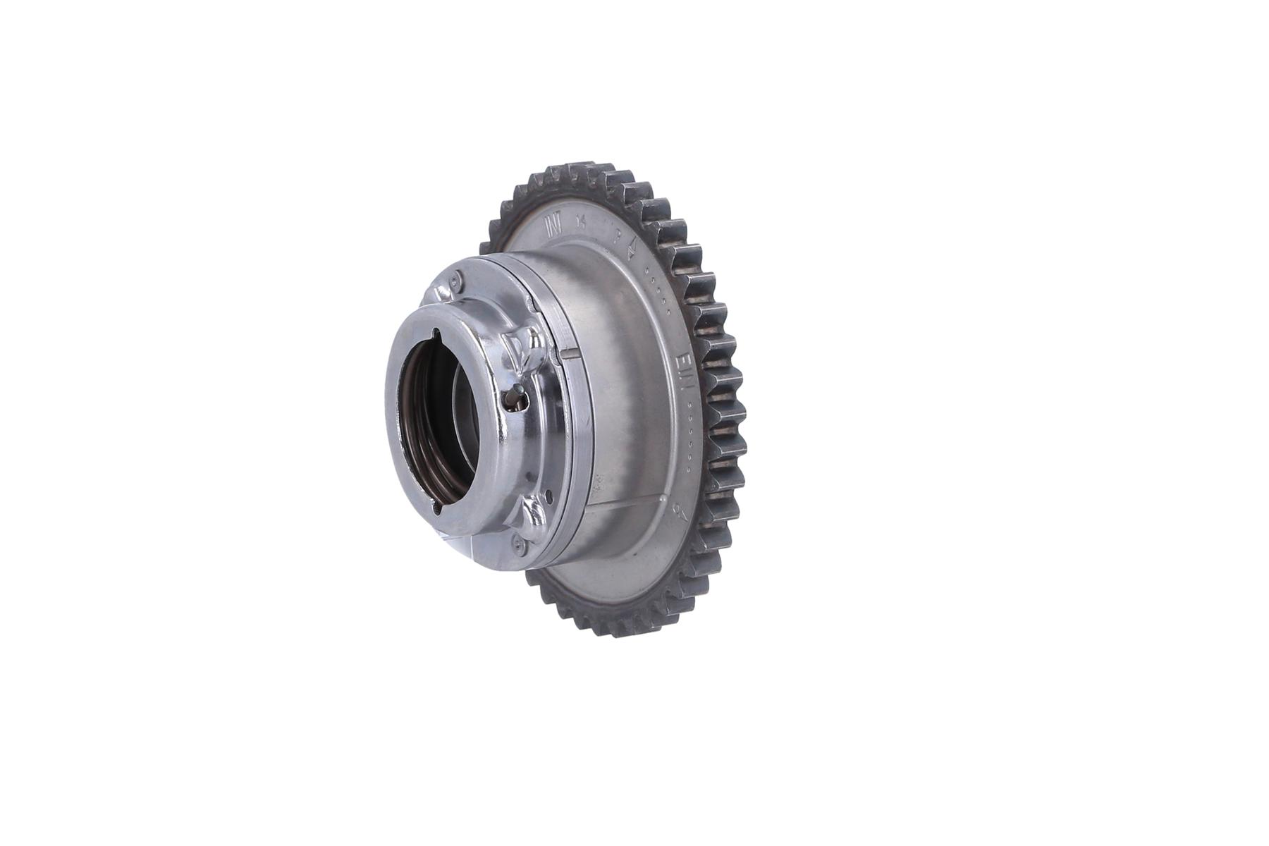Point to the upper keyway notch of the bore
(437, 336)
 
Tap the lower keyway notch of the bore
(438, 506)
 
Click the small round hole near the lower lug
(549, 493)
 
